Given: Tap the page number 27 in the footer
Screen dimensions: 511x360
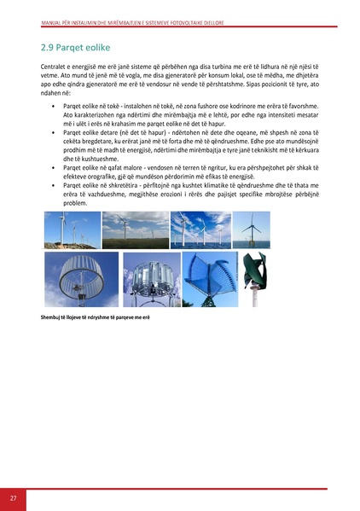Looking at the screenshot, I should (x=14, y=497).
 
